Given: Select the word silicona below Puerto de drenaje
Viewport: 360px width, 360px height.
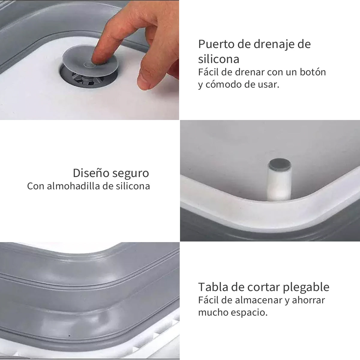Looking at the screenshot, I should click(218, 59).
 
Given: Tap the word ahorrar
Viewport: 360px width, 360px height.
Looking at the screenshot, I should click(308, 300).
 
